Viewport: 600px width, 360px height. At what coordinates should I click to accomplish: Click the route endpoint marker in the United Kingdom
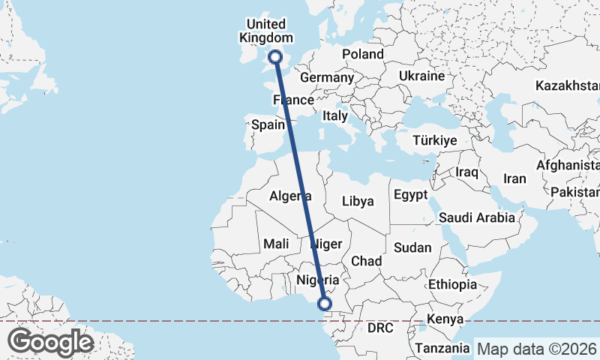(276, 56)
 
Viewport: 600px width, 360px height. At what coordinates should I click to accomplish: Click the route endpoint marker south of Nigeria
(325, 303)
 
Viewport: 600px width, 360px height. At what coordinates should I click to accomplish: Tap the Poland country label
(363, 54)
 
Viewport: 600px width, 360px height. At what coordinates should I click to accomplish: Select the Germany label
(326, 77)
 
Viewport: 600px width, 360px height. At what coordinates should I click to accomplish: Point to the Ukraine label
(421, 76)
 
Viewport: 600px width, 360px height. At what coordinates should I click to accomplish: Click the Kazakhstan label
(566, 86)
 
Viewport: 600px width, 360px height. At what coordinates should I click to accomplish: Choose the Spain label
(268, 125)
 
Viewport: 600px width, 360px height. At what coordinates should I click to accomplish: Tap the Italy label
(334, 116)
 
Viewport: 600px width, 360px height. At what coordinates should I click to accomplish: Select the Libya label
(357, 201)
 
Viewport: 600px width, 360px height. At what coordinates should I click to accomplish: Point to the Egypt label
(410, 195)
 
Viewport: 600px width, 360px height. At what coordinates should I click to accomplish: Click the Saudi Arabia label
(477, 217)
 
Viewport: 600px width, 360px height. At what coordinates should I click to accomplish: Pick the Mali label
(276, 244)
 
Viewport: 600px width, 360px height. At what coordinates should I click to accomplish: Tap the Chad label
(367, 260)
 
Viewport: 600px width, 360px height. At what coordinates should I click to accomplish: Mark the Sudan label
(412, 247)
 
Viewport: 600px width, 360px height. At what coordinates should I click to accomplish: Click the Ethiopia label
(452, 284)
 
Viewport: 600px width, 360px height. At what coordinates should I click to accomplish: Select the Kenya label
(445, 320)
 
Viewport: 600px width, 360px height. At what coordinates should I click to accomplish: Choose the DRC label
(380, 328)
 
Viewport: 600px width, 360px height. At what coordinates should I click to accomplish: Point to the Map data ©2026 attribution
(537, 349)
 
